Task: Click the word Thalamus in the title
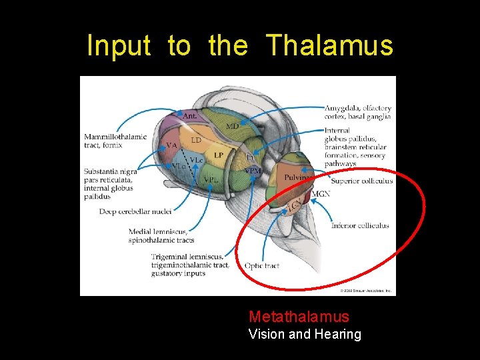click(x=330, y=46)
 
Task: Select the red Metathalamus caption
click(x=299, y=316)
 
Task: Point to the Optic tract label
click(x=261, y=265)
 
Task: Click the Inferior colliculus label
click(x=359, y=225)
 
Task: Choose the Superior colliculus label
click(x=361, y=181)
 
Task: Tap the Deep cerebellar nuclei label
click(x=135, y=211)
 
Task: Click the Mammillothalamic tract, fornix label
click(x=115, y=141)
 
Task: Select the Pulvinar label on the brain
click(x=295, y=178)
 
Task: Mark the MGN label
click(x=321, y=194)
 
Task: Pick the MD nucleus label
click(x=232, y=126)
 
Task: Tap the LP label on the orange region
click(x=219, y=155)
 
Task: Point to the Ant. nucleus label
click(x=189, y=116)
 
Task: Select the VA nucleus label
click(x=171, y=145)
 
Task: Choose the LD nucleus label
click(x=196, y=140)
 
